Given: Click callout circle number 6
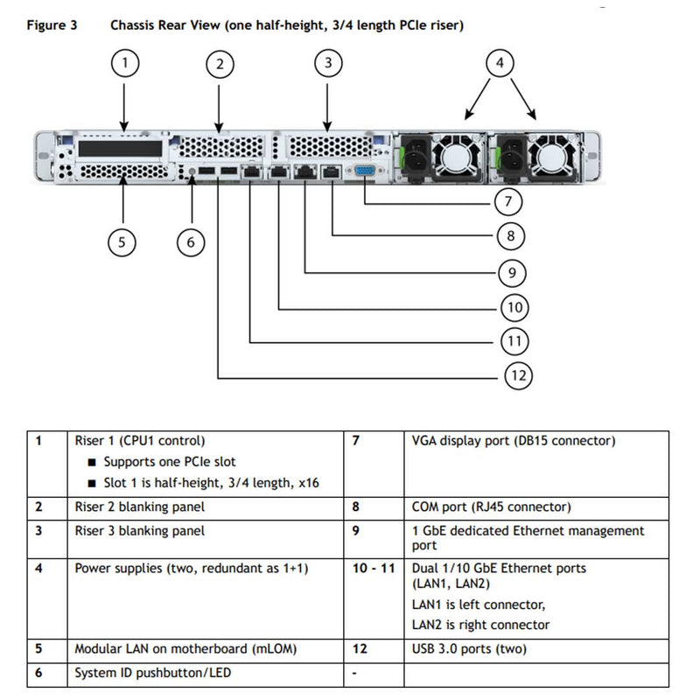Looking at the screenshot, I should (191, 242).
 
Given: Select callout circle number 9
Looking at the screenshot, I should (511, 272).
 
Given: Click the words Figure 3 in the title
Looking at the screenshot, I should (52, 25).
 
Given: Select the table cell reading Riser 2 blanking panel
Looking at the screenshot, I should (140, 507).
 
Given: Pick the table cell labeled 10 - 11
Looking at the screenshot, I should (373, 568).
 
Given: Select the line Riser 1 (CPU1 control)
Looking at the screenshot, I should (140, 441).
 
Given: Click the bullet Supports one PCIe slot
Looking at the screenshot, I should (170, 461).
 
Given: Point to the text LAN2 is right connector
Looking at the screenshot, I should (480, 625).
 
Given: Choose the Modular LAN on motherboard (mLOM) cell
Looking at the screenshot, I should (185, 649).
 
